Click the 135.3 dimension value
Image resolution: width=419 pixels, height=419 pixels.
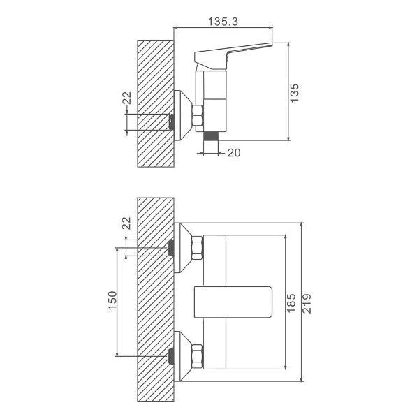(x=223, y=22)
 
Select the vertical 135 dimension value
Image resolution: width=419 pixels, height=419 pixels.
(x=295, y=93)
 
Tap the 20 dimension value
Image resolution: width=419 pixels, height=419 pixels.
(x=234, y=152)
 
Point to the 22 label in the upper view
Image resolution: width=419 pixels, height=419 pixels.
(x=127, y=98)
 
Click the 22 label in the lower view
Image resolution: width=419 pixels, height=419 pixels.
(x=126, y=223)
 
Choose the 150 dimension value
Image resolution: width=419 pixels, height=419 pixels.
(x=112, y=300)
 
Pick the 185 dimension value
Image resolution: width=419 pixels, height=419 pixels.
(x=291, y=302)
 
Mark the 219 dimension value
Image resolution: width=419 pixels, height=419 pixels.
(x=307, y=303)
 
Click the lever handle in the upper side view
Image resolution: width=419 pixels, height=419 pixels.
(x=233, y=56)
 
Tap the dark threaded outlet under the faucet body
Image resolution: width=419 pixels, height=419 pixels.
(x=211, y=136)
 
